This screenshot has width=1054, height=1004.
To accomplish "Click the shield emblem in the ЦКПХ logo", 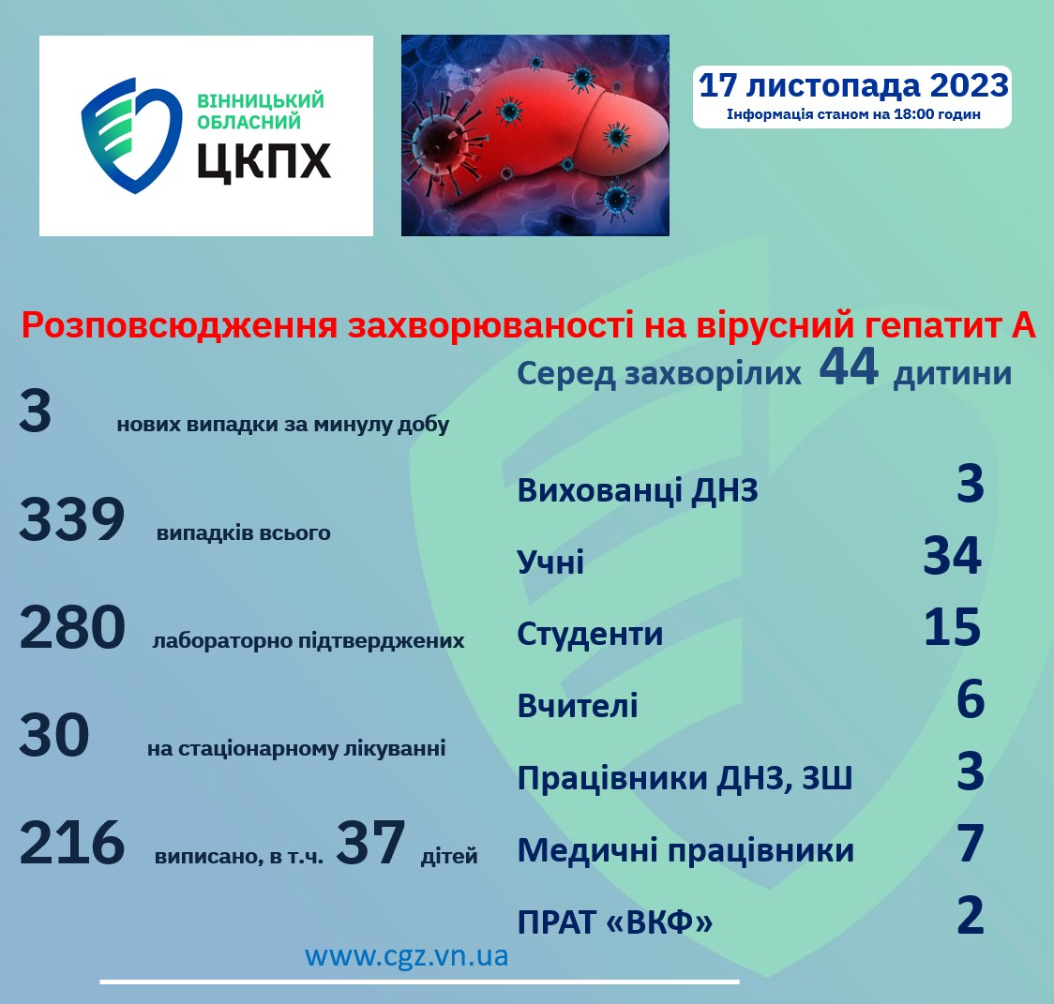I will [x=130, y=136].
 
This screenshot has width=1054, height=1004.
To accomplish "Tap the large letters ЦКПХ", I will [x=263, y=159].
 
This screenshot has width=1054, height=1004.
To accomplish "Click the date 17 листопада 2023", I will [x=853, y=85].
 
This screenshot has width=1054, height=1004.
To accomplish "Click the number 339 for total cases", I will [x=72, y=520].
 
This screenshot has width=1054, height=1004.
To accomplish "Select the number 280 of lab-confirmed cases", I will [x=72, y=628].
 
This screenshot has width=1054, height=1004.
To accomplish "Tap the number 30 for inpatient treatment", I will [x=54, y=736].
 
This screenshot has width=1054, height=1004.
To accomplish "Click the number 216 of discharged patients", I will [x=72, y=843].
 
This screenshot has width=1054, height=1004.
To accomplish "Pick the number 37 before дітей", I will [x=370, y=843].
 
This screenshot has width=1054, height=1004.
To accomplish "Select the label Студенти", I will [x=590, y=634].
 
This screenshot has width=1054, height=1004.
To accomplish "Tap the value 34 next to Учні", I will [x=952, y=556].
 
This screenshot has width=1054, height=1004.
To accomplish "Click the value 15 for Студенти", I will [x=952, y=628].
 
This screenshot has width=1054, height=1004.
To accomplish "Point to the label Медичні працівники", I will [x=685, y=851].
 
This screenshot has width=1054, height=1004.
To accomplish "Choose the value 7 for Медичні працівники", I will [x=971, y=844].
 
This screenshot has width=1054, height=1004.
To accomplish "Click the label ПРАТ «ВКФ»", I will [x=614, y=922].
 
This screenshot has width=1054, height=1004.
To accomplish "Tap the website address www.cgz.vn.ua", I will [x=406, y=956].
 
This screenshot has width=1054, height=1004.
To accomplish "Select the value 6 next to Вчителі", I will [x=971, y=700].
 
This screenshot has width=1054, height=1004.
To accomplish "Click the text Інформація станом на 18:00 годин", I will [x=853, y=115].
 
